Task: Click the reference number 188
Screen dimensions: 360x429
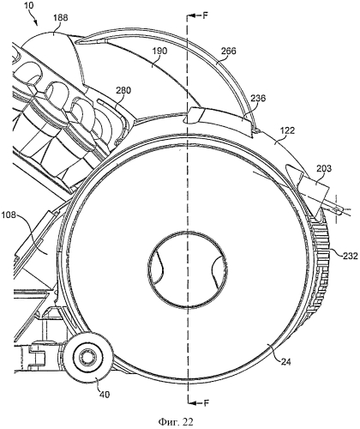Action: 60,17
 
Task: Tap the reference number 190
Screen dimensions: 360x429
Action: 159,51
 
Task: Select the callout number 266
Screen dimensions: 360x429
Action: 229,51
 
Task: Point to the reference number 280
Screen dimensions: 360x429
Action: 123,91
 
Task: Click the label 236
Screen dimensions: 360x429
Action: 258,99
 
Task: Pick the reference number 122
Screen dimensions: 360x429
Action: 287,130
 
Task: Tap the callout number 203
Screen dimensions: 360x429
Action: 324,168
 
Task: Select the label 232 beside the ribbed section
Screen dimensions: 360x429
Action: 351,256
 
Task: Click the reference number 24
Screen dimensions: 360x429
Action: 285,362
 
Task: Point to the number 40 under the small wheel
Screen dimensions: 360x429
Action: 105,395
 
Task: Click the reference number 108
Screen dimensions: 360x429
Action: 10,214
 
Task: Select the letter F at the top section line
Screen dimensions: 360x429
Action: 206,15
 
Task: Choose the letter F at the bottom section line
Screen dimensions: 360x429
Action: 207,403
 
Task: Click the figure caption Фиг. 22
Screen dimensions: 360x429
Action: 176,422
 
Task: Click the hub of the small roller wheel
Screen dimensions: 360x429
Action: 87,357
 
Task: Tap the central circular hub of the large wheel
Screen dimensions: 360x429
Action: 188,269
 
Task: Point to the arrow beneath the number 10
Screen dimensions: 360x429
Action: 35,20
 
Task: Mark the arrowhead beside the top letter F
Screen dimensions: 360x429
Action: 192,15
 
